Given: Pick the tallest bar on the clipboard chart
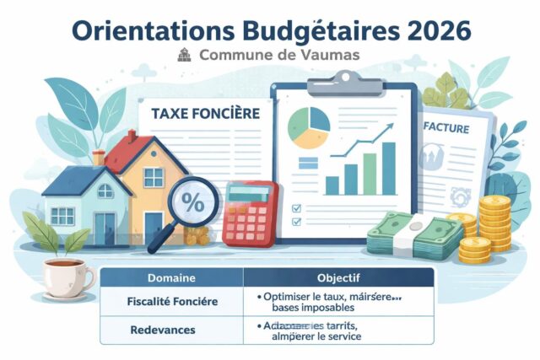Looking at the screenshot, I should tap(388, 168).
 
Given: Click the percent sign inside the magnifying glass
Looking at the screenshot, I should tap(193, 203).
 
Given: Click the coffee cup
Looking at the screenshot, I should tap(67, 276).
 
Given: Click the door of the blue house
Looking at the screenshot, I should tap(104, 228).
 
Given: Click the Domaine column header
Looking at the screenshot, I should tap(171, 277).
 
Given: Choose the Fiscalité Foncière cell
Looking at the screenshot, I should tap(172, 300).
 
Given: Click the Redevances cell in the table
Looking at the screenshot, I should tap(172, 330).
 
